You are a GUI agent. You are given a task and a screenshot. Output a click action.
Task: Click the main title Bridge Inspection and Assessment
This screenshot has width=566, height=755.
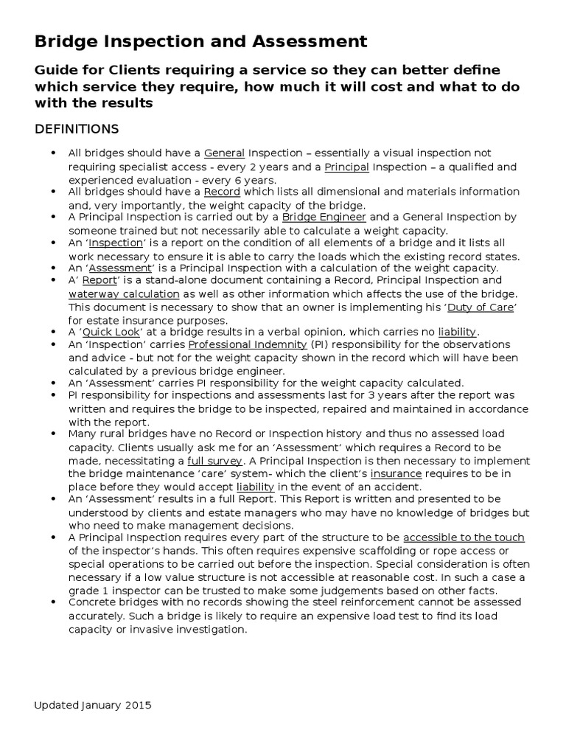coord(200,40)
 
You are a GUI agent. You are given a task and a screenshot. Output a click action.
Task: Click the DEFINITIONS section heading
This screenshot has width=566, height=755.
coord(77,129)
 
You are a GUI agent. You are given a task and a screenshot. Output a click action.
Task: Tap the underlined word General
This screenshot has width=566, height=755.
coord(225,153)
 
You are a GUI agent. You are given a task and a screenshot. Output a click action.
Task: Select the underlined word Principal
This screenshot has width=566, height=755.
coord(346,167)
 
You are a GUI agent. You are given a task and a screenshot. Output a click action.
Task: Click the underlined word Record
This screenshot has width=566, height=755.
coord(222,192)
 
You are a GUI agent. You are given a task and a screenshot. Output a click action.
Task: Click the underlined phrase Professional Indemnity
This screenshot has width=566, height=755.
coord(248,345)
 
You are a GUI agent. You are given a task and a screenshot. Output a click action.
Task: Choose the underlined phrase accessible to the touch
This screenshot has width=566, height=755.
coord(464,537)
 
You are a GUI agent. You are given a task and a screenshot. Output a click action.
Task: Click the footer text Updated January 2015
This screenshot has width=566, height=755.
coord(93,705)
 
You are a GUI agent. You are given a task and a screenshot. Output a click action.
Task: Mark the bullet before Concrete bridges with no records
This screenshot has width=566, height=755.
coord(52,602)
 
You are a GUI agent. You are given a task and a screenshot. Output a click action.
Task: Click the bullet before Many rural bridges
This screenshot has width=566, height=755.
coord(52,434)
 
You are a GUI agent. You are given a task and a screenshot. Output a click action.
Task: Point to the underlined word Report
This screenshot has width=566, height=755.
coord(99,281)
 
